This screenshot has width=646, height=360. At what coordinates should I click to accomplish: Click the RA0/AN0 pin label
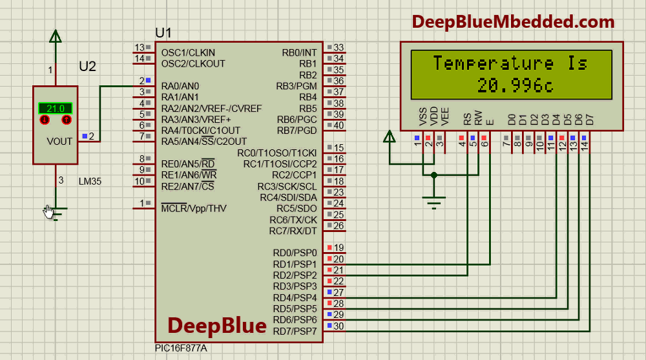tap(180, 86)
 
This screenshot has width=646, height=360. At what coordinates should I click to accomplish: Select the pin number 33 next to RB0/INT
tap(339, 48)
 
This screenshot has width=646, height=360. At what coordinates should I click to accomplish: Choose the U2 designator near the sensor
tap(88, 66)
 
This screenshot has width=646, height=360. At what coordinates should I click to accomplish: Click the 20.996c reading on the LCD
tap(515, 85)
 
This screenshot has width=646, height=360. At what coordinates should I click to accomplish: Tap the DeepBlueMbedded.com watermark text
tap(513, 21)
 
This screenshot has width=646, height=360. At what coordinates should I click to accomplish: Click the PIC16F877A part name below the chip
tap(181, 348)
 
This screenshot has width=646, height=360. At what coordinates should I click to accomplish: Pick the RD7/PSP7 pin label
tap(295, 332)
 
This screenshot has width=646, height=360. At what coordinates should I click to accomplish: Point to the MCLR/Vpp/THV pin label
tap(194, 208)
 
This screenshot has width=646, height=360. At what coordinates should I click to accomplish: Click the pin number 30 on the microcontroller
tap(339, 326)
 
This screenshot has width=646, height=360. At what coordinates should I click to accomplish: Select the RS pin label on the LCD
tap(467, 119)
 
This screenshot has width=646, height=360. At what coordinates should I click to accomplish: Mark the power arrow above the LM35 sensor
tap(56, 37)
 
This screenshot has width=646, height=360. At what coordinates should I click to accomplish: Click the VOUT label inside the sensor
tap(59, 141)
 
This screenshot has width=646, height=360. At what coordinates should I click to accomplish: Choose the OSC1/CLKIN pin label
tap(188, 52)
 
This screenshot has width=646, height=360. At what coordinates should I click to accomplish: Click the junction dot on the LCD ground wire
tap(434, 175)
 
